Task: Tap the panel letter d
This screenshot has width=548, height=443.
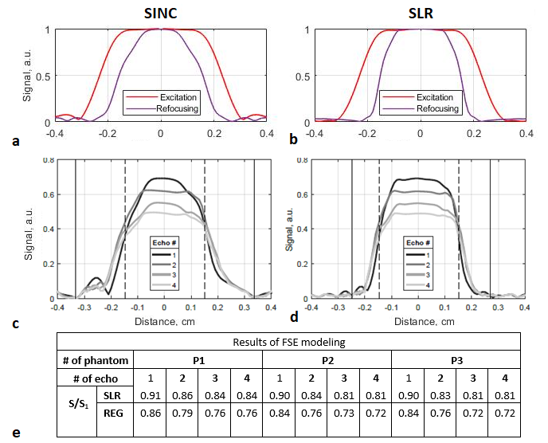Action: click(x=294, y=318)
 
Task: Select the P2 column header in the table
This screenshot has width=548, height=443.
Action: click(x=327, y=359)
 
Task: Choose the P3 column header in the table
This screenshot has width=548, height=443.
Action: click(x=456, y=359)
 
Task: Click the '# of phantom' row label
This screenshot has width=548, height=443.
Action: click(x=94, y=359)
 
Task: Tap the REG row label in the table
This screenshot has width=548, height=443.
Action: click(x=112, y=414)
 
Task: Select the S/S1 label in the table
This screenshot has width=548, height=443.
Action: click(x=75, y=405)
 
